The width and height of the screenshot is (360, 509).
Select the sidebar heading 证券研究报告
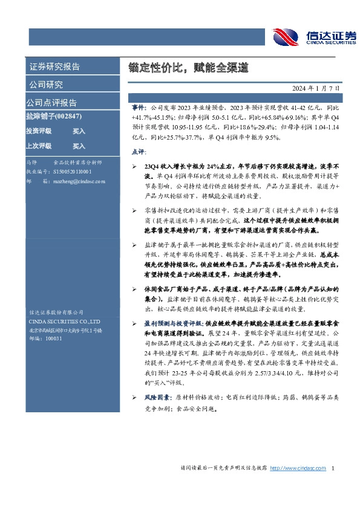tap(54, 66)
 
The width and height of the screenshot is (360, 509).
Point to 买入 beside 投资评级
tap(79, 131)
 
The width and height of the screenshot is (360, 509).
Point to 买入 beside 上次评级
tap(79, 146)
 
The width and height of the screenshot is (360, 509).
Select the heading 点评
tap(137, 151)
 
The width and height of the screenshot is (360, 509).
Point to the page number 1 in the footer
tap(333, 468)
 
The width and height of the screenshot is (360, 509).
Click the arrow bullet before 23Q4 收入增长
tap(134, 166)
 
